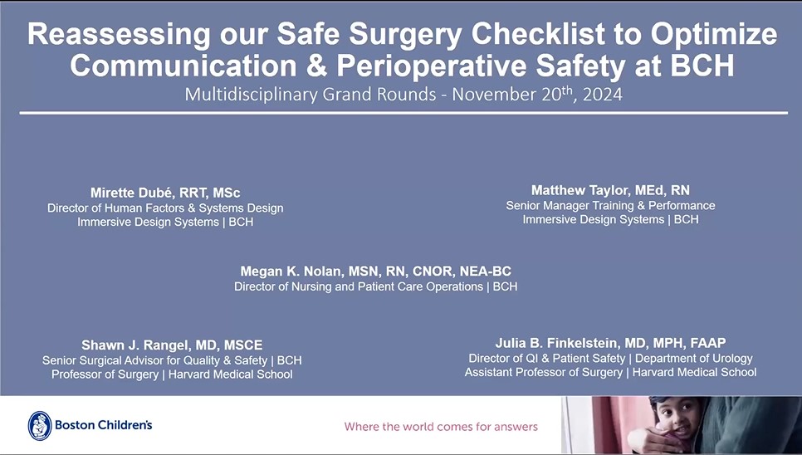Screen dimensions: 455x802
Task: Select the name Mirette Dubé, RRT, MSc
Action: [165, 193]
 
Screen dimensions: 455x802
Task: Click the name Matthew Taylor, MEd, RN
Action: [610, 190]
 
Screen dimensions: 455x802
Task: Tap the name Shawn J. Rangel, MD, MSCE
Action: [172, 345]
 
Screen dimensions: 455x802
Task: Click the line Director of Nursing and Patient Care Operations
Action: [359, 286]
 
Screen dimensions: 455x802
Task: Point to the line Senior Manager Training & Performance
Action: [610, 205]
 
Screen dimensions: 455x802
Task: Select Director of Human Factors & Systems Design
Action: [165, 208]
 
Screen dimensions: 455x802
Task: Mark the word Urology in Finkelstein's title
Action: [730, 359]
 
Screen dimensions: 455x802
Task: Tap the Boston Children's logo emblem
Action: [40, 426]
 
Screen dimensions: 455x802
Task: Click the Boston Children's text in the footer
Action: [104, 426]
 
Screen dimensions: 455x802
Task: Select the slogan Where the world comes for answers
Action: [441, 427]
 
